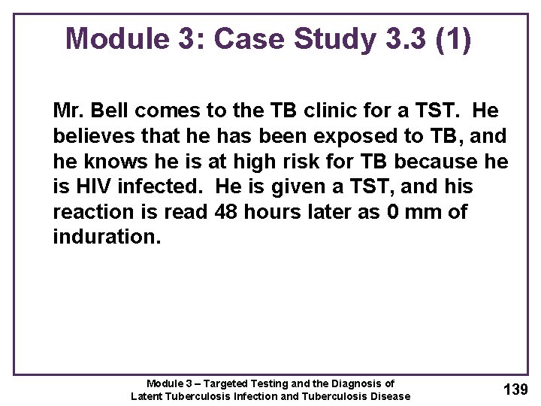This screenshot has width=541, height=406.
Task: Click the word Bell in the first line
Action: (105, 111)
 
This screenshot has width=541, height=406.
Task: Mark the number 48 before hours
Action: (226, 212)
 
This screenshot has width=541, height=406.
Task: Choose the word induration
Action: (107, 238)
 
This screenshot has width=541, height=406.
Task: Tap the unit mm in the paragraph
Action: (422, 212)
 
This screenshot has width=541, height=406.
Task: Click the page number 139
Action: (515, 389)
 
